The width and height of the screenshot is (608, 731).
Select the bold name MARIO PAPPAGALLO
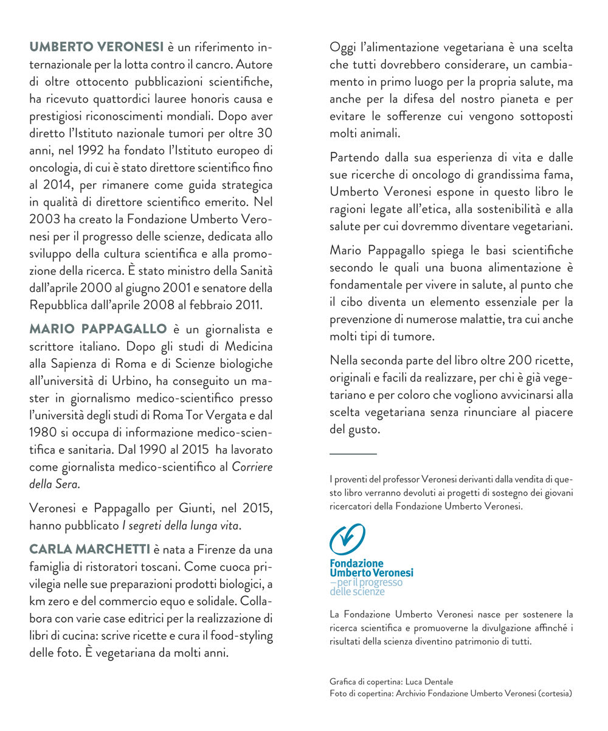(97, 329)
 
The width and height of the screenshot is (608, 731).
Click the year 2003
(43, 218)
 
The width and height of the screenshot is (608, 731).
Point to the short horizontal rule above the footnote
(353, 453)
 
